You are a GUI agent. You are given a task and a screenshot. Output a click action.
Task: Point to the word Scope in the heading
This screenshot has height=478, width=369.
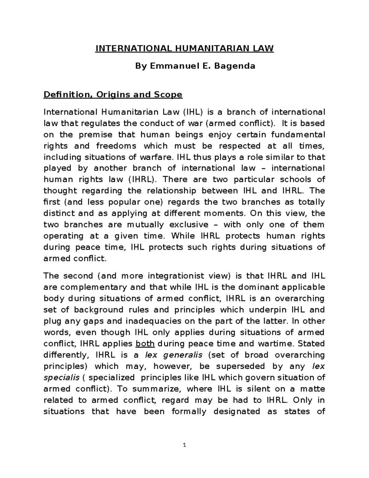(x=168, y=94)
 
